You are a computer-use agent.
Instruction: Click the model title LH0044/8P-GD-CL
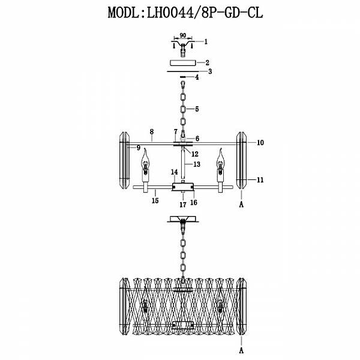coord(179,13)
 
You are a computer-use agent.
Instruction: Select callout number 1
coord(205,42)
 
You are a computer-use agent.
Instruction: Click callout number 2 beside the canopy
coord(206,62)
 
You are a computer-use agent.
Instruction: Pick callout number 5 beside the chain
coord(196,110)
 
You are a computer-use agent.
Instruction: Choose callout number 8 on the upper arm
coord(152,131)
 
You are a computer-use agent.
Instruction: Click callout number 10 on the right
coord(260,143)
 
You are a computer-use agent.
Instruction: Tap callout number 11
coord(260,179)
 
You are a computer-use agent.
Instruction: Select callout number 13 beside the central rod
coord(196,164)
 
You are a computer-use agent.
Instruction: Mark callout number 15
coord(155,201)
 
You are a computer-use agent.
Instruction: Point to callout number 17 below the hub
coord(182,205)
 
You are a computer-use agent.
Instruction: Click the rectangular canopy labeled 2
coord(182,62)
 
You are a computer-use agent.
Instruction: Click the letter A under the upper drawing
coord(241,205)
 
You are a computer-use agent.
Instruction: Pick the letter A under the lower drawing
coord(241,349)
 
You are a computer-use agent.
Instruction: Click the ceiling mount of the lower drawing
coord(182,221)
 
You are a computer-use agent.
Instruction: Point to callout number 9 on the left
coord(138,148)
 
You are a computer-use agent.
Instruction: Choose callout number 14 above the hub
coord(175,172)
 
